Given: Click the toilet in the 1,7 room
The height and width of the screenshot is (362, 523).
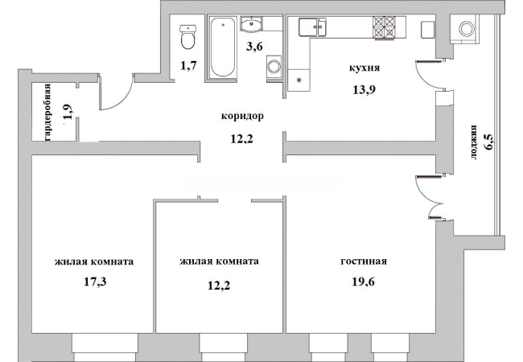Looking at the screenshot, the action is [187, 37].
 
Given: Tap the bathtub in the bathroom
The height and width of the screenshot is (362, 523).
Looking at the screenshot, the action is [223, 47].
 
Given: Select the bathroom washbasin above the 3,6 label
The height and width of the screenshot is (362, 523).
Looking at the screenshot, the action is [252, 24].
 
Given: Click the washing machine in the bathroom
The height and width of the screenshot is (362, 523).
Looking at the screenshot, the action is [274, 67].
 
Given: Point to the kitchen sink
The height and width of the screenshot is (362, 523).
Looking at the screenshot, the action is [312, 27].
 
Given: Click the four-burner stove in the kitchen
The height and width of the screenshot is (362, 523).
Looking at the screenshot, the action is [384, 27].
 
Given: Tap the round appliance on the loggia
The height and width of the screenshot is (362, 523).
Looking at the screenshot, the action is [464, 29].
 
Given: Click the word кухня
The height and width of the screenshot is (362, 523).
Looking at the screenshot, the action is [364, 68].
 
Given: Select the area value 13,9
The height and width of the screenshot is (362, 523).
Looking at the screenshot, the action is [364, 89].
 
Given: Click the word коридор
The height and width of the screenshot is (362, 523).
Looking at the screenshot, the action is [242, 117].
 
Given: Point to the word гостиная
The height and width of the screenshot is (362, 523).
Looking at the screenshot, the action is [364, 261].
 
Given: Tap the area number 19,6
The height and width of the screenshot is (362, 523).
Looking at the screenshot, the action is [363, 282].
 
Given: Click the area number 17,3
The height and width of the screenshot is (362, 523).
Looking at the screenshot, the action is [95, 282].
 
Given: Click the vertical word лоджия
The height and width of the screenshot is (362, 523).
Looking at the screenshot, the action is [473, 142].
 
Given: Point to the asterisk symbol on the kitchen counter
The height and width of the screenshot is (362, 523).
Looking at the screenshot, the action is [299, 80].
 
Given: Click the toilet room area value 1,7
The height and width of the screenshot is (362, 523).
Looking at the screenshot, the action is [188, 65].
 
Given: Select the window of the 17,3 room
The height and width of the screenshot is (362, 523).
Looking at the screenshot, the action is [105, 348].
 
